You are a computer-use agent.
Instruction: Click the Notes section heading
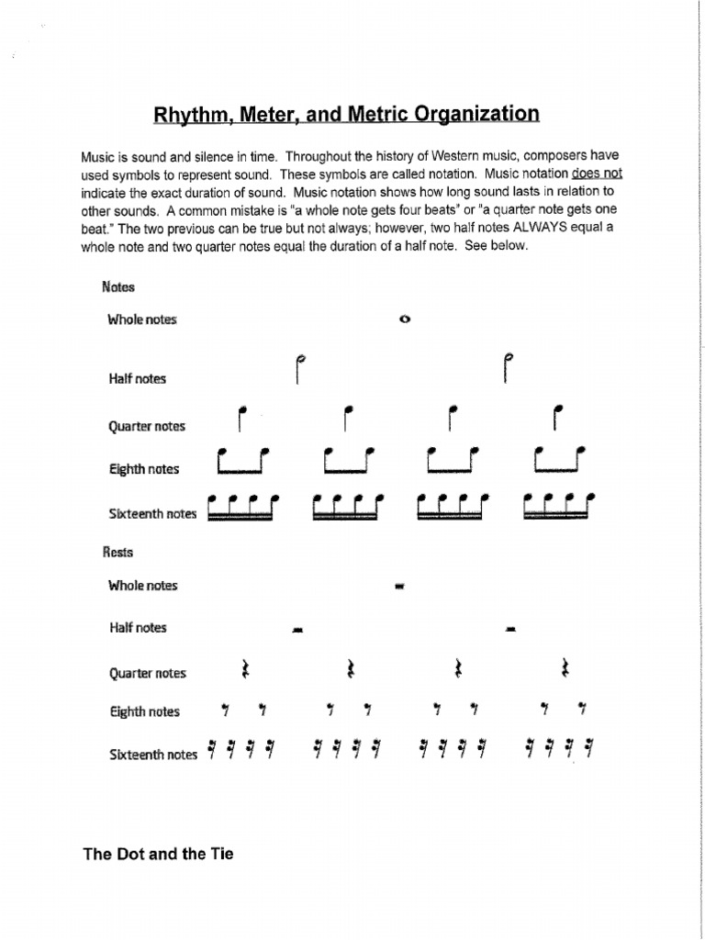(118, 287)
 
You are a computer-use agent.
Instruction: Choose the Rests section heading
(117, 553)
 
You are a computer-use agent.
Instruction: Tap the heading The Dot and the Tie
(158, 854)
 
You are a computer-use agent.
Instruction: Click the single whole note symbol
(404, 319)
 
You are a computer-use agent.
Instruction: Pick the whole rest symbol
(399, 586)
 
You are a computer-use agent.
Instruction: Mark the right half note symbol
(508, 371)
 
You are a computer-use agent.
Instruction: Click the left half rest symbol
(297, 630)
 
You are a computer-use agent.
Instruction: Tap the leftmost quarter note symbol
(241, 418)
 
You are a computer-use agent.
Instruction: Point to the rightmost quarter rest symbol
(565, 670)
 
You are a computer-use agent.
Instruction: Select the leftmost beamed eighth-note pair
(241, 462)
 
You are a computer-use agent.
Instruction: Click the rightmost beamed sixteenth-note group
(558, 507)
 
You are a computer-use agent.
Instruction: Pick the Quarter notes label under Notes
(146, 427)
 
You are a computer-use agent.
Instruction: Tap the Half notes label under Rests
(138, 628)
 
